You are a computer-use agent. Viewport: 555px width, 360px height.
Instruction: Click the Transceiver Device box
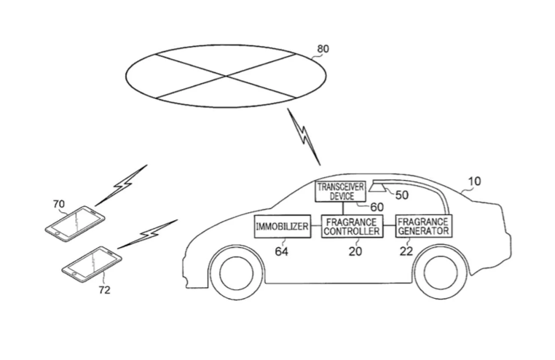tap(341, 191)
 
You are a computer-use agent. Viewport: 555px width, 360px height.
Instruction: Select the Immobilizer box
tap(283, 226)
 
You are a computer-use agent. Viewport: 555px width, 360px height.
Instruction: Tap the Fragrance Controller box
tap(352, 226)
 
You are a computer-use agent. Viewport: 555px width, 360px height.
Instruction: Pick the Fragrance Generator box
tap(423, 226)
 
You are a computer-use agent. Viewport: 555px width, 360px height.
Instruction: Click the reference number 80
tap(323, 49)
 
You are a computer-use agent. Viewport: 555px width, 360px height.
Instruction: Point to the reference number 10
tap(474, 181)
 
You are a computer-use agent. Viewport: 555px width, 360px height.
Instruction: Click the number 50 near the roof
tap(402, 195)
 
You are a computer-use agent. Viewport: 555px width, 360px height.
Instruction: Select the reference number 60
tap(377, 207)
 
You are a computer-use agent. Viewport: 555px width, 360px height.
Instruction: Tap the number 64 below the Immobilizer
tap(281, 251)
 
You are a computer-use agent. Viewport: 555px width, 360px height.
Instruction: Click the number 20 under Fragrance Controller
tap(355, 251)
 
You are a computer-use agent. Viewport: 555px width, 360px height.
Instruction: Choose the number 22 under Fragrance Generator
tap(406, 251)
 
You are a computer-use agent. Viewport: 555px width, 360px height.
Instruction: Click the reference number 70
tap(59, 204)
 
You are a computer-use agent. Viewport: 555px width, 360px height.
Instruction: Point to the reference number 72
tap(104, 290)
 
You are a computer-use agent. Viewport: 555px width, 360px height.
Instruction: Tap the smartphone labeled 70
tap(75, 224)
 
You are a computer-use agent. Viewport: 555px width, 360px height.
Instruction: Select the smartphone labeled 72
tap(92, 265)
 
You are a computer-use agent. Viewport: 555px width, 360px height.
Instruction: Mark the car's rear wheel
tap(441, 272)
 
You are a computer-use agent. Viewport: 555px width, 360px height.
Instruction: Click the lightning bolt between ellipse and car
tap(304, 137)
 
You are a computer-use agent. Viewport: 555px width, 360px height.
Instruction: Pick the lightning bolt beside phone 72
tap(148, 234)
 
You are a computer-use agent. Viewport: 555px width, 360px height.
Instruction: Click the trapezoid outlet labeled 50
tap(378, 187)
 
